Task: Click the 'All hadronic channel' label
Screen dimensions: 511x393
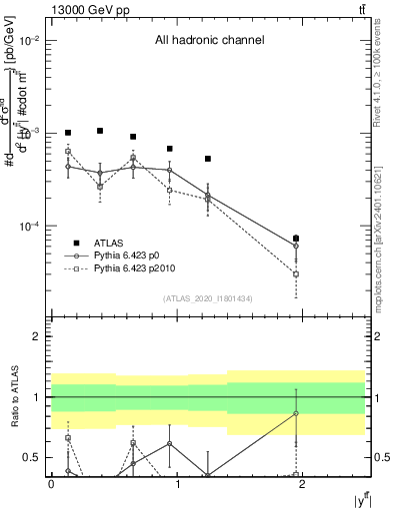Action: [x=209, y=41]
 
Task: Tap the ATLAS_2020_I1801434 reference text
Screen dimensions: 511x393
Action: [x=208, y=298]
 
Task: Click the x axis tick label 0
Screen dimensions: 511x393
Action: [x=51, y=484]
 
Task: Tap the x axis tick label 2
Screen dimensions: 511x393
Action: [x=303, y=484]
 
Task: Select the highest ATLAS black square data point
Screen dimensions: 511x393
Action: [x=100, y=131]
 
